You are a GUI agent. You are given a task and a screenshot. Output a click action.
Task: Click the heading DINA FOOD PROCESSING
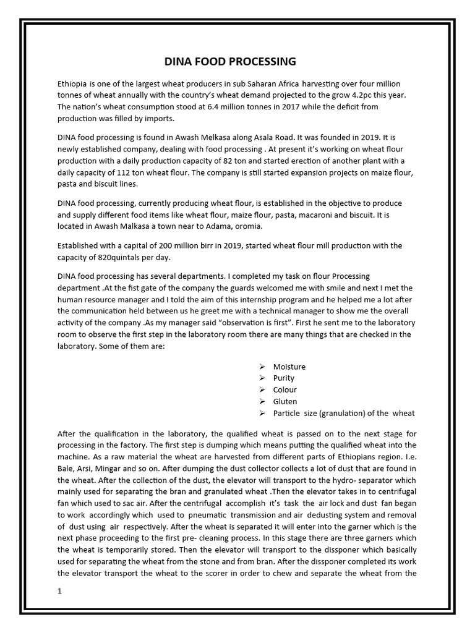click(x=229, y=62)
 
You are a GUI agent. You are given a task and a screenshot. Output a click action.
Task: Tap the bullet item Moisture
click(x=289, y=367)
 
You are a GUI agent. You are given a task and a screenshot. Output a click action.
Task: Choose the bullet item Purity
click(x=284, y=378)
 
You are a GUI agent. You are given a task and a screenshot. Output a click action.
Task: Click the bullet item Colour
click(x=285, y=390)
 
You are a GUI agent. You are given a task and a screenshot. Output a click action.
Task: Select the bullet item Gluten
click(x=285, y=402)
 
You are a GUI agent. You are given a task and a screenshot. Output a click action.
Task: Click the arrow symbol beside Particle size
click(x=262, y=414)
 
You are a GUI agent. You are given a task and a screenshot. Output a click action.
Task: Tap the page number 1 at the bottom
click(x=59, y=592)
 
